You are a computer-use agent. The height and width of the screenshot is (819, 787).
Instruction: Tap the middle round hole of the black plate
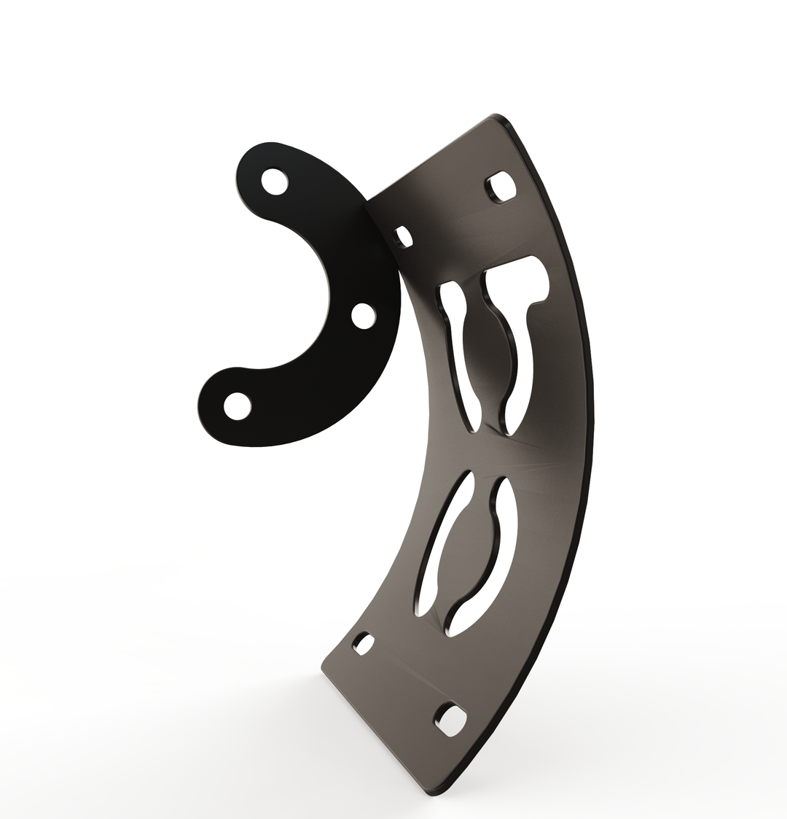point(362,316)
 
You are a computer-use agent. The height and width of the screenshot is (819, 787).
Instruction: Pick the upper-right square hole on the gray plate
point(502,186)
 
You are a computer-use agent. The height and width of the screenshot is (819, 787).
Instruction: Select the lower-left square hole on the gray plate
point(363,644)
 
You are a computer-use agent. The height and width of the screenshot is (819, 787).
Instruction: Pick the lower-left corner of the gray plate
point(323,667)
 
